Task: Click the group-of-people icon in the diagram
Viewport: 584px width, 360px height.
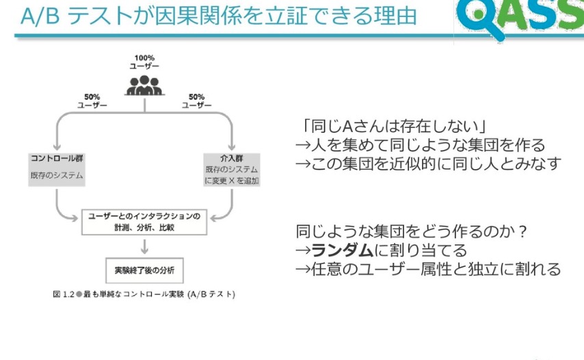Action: tap(145, 84)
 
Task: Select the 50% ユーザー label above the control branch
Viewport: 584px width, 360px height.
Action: tap(92, 101)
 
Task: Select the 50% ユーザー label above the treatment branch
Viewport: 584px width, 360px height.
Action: tap(196, 101)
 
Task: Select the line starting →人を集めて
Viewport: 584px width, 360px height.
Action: tap(420, 145)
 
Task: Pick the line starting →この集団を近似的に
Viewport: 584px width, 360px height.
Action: tap(428, 164)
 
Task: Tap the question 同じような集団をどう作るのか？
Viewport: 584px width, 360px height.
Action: tap(410, 231)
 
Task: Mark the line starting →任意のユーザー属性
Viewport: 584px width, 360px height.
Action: tap(428, 268)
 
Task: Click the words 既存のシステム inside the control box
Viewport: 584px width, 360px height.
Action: tap(57, 176)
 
